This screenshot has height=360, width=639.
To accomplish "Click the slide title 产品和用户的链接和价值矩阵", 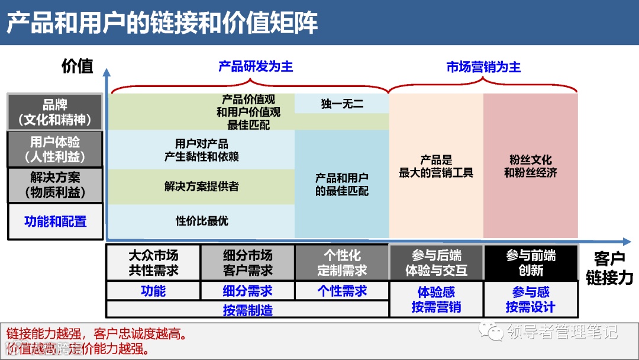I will pyautogui.click(x=162, y=22).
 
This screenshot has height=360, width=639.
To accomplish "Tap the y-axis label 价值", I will pyautogui.click(x=78, y=66).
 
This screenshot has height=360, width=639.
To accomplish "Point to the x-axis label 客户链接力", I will pyautogui.click(x=609, y=268).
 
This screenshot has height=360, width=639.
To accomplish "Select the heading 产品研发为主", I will pyautogui.click(x=256, y=66).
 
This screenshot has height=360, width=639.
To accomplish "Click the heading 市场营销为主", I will pyautogui.click(x=483, y=67).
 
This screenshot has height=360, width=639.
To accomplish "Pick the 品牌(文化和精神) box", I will pyautogui.click(x=55, y=112).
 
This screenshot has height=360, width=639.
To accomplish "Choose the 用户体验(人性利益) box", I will pyautogui.click(x=55, y=149).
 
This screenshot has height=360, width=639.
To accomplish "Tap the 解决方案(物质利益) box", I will pyautogui.click(x=55, y=185).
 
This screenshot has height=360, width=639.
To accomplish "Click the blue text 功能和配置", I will pyautogui.click(x=55, y=221).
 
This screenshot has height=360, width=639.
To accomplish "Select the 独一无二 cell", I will pyautogui.click(x=342, y=104).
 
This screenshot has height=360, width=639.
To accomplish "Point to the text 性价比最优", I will pyautogui.click(x=202, y=221).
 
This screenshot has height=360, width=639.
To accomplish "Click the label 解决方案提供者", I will pyautogui.click(x=202, y=187).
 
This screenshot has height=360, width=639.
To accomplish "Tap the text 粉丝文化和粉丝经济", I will pyautogui.click(x=530, y=166).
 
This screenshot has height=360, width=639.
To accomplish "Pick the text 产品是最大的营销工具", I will pyautogui.click(x=436, y=166).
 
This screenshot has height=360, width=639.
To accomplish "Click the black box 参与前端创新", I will pyautogui.click(x=531, y=263).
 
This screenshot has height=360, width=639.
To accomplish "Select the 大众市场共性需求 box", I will pyautogui.click(x=153, y=263).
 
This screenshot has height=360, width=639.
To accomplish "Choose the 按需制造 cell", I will pyautogui.click(x=247, y=310).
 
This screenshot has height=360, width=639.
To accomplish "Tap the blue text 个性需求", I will pyautogui.click(x=342, y=291).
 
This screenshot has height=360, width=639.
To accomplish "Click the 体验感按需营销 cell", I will pyautogui.click(x=436, y=299).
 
